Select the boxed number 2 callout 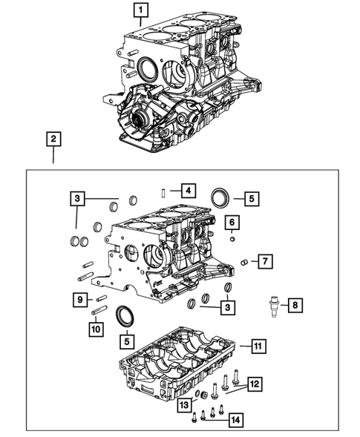pyautogui.click(x=53, y=138)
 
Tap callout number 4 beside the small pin pyautogui.click(x=189, y=191)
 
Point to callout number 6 pyautogui.click(x=232, y=223)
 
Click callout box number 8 pyautogui.click(x=295, y=305)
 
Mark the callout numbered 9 pyautogui.click(x=78, y=299)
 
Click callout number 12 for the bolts pyautogui.click(x=255, y=384)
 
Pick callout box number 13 pyautogui.click(x=183, y=404)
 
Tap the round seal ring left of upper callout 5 pyautogui.click(x=220, y=198)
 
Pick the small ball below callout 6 pyautogui.click(x=232, y=238)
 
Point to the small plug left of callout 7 pyautogui.click(x=244, y=260)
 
